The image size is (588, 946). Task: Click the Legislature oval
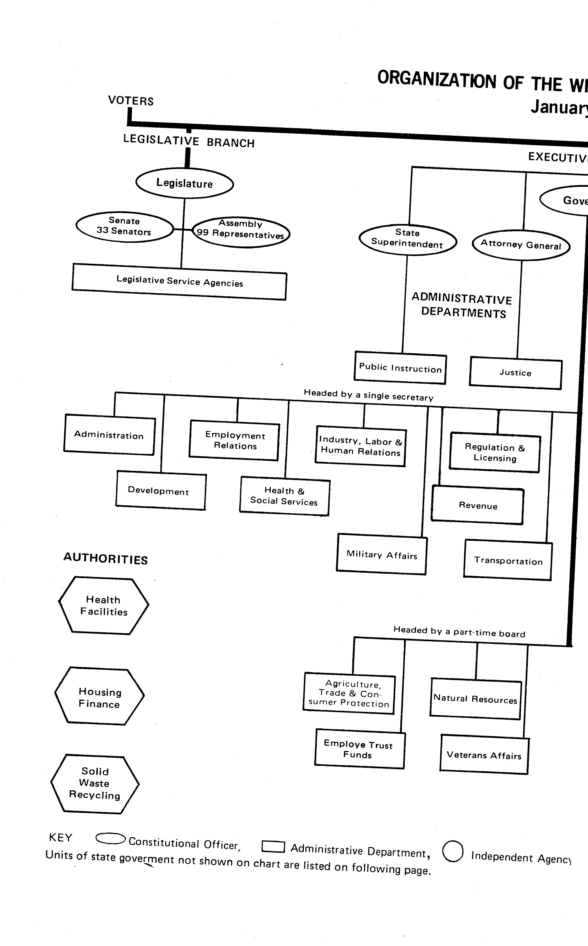tap(184, 183)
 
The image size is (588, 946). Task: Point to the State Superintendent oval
tap(407, 239)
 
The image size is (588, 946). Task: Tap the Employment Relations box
tap(234, 441)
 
